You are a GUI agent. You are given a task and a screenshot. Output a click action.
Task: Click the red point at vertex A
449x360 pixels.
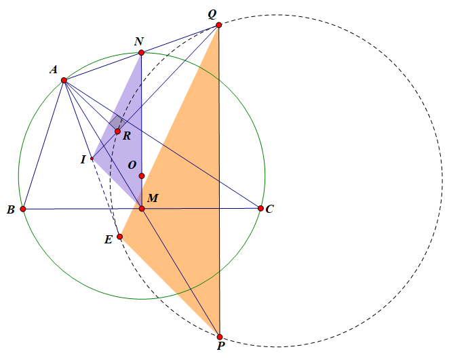64,81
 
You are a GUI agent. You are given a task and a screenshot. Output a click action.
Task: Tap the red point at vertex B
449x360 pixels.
23,209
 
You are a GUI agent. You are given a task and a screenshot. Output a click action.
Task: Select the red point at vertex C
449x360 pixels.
261,208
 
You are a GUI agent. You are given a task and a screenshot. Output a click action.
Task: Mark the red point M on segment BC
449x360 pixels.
142,208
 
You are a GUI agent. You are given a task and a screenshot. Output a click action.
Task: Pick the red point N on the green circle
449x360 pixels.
141,53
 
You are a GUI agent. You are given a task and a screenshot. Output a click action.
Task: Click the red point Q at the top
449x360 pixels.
218,25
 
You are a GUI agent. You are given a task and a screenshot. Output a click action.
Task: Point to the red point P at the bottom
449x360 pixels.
220,336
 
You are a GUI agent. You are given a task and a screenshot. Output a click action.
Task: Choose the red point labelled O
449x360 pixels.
141,176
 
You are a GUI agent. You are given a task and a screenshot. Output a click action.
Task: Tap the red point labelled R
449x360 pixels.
117,131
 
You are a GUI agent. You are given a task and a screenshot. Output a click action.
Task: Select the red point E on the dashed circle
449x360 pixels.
119,237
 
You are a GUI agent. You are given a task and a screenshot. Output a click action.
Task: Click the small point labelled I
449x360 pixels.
92,159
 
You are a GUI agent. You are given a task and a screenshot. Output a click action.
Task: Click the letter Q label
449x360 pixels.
212,14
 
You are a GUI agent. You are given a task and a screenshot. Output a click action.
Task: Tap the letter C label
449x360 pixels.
270,209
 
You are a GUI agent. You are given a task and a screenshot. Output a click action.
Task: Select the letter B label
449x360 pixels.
11,210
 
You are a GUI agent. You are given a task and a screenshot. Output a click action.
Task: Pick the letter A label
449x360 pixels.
53,70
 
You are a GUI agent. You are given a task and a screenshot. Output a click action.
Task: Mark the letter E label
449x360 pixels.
109,239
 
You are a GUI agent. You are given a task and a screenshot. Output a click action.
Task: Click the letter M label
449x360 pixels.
153,198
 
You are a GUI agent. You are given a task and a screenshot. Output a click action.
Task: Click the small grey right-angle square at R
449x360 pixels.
116,122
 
